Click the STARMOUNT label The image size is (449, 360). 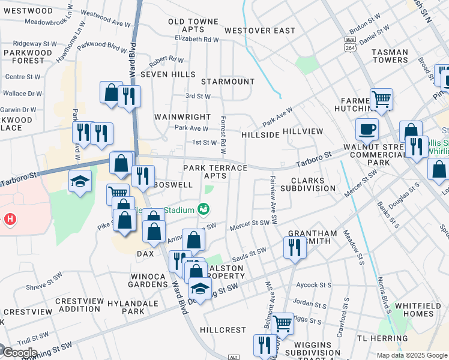228,81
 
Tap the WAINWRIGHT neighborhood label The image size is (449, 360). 182,117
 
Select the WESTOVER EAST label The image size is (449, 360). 260,31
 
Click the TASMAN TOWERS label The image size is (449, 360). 390,56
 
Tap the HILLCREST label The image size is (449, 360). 223,330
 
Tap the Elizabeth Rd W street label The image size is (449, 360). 197,39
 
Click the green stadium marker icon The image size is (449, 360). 203,209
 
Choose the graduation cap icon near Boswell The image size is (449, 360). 79,181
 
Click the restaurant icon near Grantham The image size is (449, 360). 294,247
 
